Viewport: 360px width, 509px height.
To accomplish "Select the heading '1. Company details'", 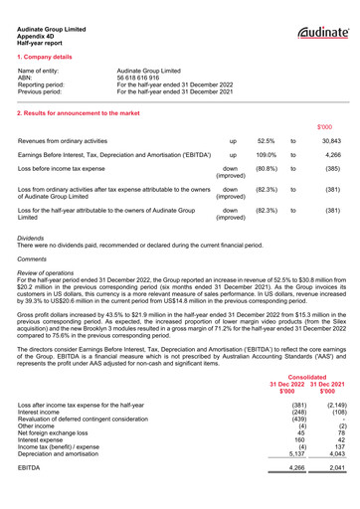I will click(x=49, y=57).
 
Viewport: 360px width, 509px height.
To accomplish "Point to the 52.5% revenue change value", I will click(x=266, y=142).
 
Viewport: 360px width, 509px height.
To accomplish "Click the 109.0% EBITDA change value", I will click(x=266, y=156).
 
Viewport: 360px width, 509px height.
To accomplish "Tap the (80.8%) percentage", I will click(x=267, y=170).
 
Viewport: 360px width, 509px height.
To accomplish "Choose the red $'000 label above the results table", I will click(x=325, y=127).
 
